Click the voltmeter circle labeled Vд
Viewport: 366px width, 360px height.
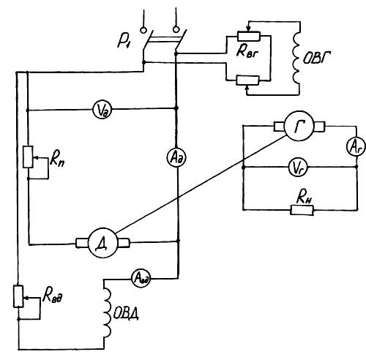[x=102, y=109]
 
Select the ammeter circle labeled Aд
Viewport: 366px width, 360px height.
[x=177, y=158]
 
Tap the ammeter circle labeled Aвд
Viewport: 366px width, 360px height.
[x=141, y=278]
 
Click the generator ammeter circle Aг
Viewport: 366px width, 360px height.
[x=356, y=148]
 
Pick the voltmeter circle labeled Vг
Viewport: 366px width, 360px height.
[x=298, y=168]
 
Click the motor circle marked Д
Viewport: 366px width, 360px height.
[x=102, y=243]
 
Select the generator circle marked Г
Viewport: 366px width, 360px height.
[x=299, y=126]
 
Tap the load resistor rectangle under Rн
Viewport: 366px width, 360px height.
[x=302, y=210]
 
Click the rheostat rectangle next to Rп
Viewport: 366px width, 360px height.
[x=28, y=157]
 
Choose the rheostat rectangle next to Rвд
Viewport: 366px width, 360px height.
[x=18, y=296]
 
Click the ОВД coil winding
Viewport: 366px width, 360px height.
[x=108, y=312]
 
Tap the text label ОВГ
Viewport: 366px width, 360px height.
[x=316, y=59]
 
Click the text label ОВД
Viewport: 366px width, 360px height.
[x=126, y=315]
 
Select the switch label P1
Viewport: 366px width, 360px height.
[x=124, y=42]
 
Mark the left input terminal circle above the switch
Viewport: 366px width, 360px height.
[x=143, y=30]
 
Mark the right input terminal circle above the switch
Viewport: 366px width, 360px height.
[x=176, y=29]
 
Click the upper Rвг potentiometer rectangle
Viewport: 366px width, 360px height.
[x=249, y=36]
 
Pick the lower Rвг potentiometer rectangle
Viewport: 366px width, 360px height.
[x=247, y=80]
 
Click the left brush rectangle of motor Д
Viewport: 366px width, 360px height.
[x=82, y=243]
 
